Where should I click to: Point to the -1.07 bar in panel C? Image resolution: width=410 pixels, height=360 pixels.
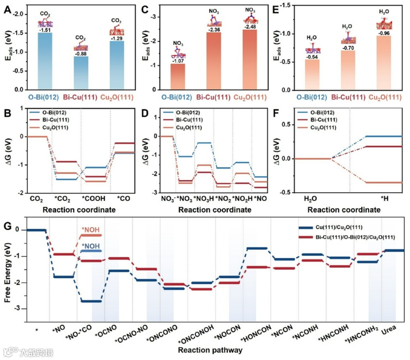click(x=178, y=76)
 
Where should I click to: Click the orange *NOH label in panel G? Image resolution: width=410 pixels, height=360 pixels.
click(x=90, y=230)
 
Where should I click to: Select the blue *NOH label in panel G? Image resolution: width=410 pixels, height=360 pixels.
click(x=90, y=246)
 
